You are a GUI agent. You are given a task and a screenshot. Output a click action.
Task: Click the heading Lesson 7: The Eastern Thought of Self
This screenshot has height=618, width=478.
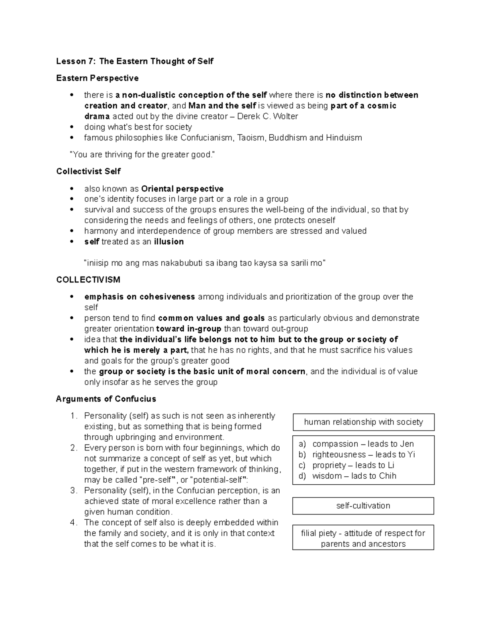click(135, 61)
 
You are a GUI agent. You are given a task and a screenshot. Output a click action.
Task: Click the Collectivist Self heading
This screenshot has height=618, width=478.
click(88, 172)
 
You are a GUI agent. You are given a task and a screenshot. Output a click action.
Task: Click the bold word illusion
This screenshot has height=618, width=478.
click(168, 242)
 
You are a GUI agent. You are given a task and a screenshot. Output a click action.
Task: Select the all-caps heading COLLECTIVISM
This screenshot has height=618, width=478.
click(88, 280)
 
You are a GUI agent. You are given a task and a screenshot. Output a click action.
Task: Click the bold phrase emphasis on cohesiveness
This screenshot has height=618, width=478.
click(139, 297)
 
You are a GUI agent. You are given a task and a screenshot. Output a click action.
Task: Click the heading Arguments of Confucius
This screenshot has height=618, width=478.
click(106, 399)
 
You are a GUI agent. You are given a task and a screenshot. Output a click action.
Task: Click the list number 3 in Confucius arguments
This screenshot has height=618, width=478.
click(73, 491)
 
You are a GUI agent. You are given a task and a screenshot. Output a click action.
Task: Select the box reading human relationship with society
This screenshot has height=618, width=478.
click(363, 422)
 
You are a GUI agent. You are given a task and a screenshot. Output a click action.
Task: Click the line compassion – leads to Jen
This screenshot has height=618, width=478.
click(363, 444)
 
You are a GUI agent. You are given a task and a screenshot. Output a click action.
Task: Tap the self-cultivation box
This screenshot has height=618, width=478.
click(363, 506)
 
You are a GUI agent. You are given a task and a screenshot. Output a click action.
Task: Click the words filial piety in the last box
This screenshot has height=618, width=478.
click(319, 533)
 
